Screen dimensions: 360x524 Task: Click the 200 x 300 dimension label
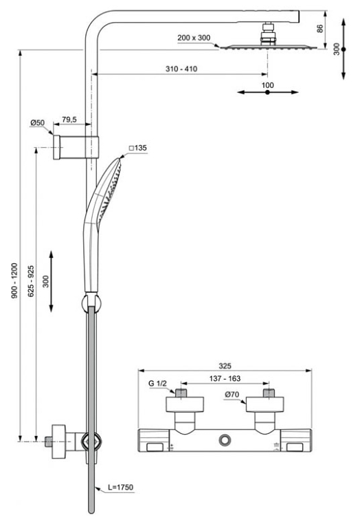tap(194, 38)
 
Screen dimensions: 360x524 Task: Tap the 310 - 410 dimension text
tap(181, 69)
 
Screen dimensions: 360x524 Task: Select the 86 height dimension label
tap(320, 29)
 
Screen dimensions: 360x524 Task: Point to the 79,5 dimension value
tap(69, 119)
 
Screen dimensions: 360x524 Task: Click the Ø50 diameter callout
tap(37, 122)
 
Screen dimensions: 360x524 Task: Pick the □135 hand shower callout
tap(137, 148)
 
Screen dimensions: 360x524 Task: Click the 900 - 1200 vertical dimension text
tap(14, 281)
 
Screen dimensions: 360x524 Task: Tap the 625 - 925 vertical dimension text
tap(31, 281)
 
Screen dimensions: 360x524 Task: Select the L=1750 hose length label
tap(120, 488)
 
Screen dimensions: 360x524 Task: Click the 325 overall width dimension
tap(225, 366)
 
